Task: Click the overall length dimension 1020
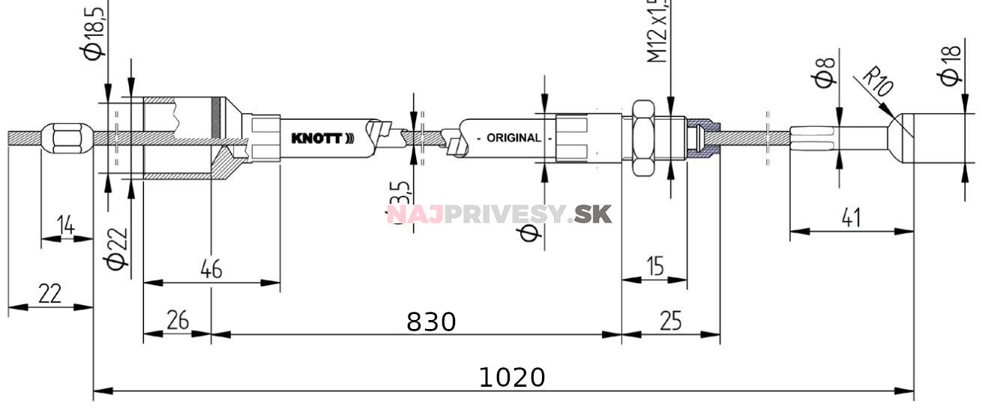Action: pyautogui.click(x=511, y=377)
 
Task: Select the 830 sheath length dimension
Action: pyautogui.click(x=430, y=322)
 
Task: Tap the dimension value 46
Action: pyautogui.click(x=211, y=269)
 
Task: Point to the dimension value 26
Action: pyautogui.click(x=177, y=321)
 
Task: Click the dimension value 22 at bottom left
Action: pyautogui.click(x=49, y=293)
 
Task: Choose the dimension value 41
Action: pyautogui.click(x=850, y=218)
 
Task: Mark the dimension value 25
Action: pyautogui.click(x=670, y=321)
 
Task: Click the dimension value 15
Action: pyautogui.click(x=655, y=266)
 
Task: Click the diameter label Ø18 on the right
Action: pyautogui.click(x=951, y=66)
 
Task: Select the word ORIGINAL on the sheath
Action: pyautogui.click(x=513, y=138)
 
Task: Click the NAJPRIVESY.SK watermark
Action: pyautogui.click(x=499, y=214)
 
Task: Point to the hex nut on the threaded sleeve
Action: pyautogui.click(x=643, y=137)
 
